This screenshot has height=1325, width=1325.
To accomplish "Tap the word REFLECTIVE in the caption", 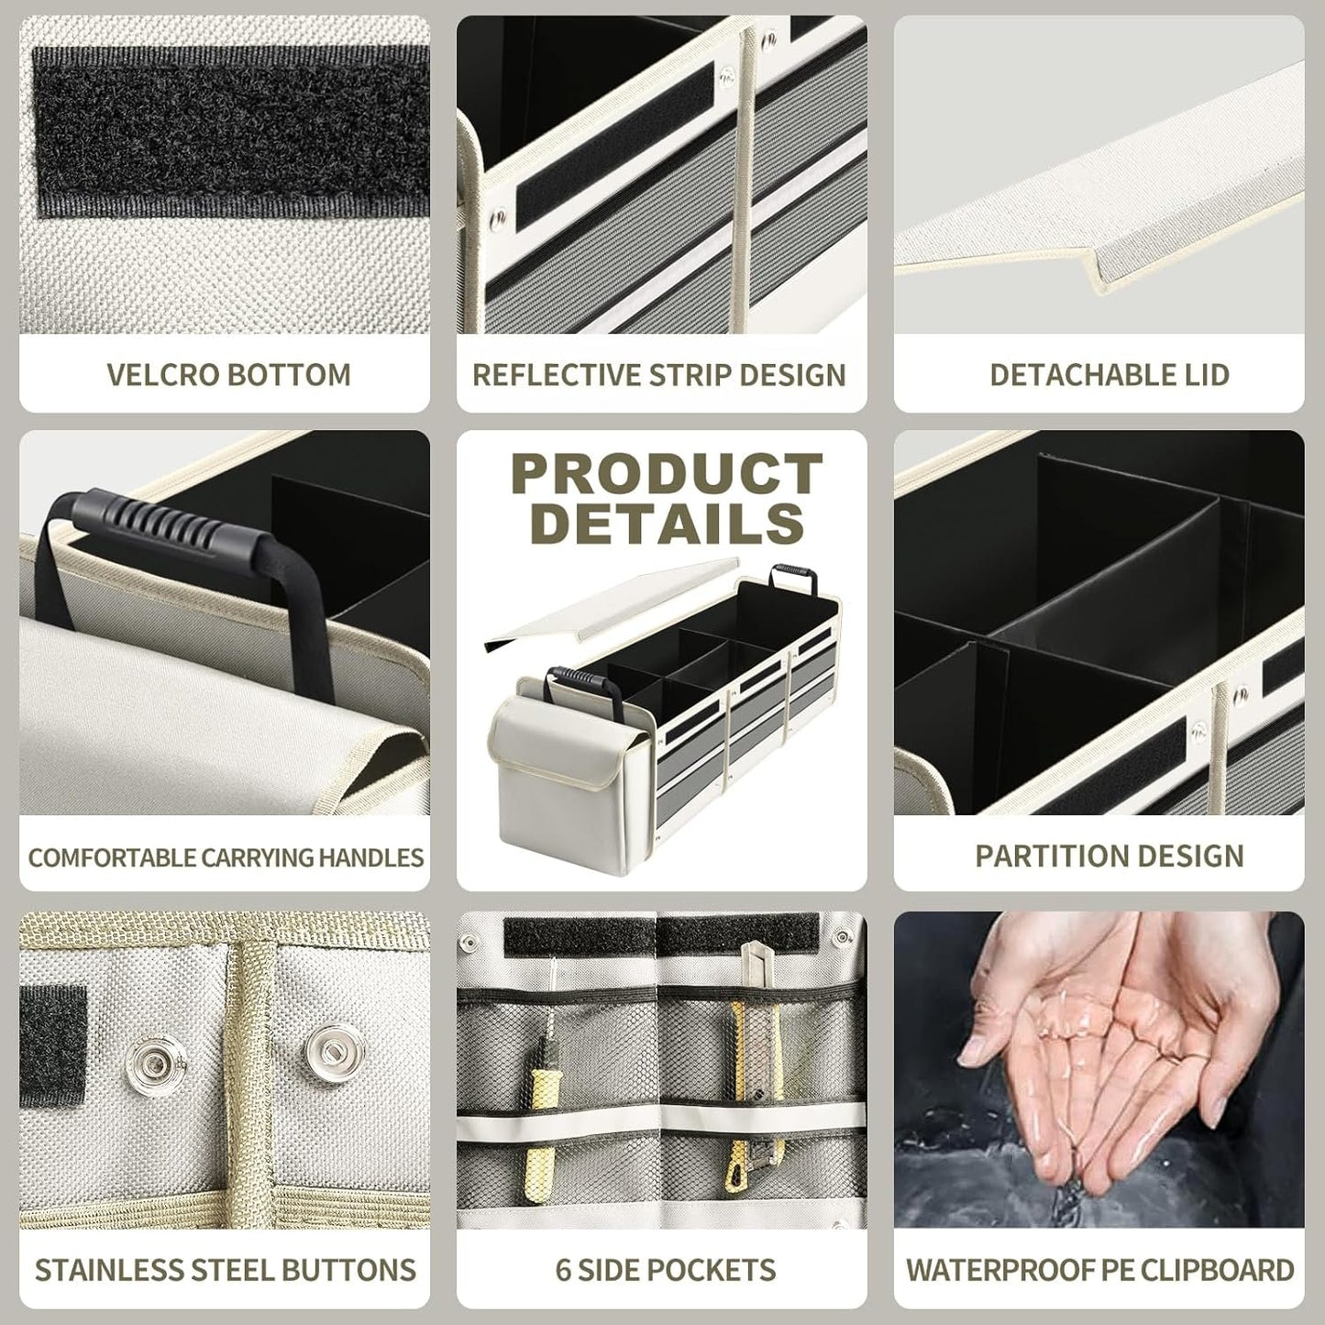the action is pyautogui.click(x=556, y=375).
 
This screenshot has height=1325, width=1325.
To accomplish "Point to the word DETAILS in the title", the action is pyautogui.click(x=667, y=524).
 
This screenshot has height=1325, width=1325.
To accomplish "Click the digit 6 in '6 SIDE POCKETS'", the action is pyautogui.click(x=563, y=1270).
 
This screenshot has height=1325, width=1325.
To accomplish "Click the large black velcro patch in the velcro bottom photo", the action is pyautogui.click(x=231, y=130).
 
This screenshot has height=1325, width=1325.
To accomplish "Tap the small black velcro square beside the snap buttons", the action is pyautogui.click(x=53, y=1047).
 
